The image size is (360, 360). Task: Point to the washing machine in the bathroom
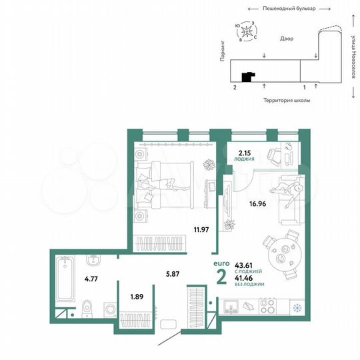click(x=109, y=307)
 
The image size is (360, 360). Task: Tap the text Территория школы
click(x=287, y=99)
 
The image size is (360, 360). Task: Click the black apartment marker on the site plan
click(x=248, y=77)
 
